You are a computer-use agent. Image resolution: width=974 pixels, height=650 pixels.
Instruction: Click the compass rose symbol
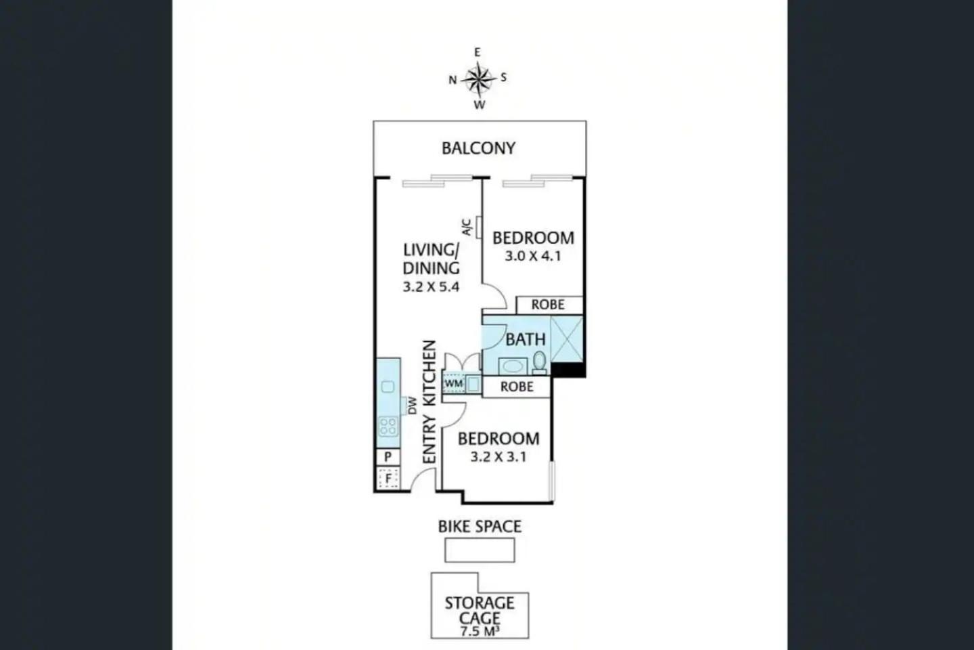coord(478,79)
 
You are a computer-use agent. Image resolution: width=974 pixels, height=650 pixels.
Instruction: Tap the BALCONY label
coord(478,148)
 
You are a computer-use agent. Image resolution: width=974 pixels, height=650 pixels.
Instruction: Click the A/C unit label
coord(467,227)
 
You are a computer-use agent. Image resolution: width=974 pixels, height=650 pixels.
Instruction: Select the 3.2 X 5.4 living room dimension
coord(431,287)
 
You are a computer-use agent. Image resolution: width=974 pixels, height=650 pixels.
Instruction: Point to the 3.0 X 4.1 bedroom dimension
coord(533,256)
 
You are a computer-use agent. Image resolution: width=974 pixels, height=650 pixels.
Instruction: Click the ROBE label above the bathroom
coord(548,305)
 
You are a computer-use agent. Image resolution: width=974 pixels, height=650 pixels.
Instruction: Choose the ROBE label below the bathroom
coord(517,387)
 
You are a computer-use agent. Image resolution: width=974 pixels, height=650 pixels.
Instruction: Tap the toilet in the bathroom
coord(540,363)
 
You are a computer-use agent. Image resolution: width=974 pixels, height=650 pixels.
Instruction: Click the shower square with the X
coord(567,339)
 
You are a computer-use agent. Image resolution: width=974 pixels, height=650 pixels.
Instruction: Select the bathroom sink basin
coord(513,366)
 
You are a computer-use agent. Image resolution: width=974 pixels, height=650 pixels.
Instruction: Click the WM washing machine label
coord(453,384)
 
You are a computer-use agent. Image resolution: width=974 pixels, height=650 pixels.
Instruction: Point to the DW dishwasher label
coord(413,406)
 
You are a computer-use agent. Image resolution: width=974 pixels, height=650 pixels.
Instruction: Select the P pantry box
coord(388,457)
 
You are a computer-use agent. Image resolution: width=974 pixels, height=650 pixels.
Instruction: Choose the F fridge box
coord(388,479)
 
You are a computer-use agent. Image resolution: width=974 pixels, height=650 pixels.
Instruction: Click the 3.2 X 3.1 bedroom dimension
coord(498,457)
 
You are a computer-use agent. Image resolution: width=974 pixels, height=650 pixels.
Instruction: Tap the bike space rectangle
coord(480,550)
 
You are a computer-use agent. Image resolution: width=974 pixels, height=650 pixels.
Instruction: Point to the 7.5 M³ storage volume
coord(479,631)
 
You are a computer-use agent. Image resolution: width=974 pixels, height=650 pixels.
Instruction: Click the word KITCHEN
coord(429,374)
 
